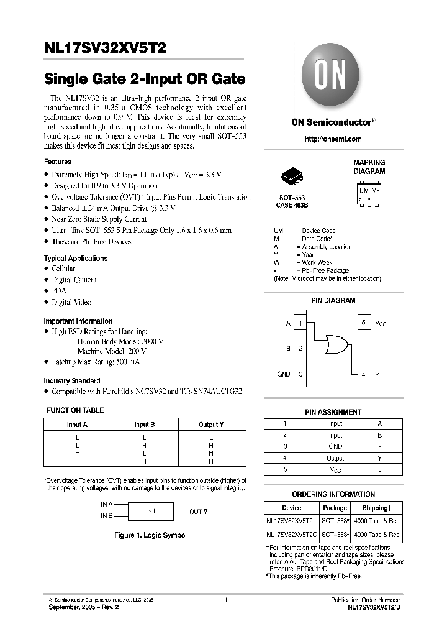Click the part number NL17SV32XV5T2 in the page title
pos(105,47)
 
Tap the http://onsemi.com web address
pos(333,139)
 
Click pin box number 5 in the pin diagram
pos(364,323)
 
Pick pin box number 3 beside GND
pos(300,374)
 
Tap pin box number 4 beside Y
pos(364,374)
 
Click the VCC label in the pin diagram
pos(381,323)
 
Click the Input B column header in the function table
pos(144,425)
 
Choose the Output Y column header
pos(211,425)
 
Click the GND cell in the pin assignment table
pos(335,446)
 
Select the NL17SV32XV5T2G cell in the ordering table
pos(291,535)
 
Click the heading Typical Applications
pos(75,259)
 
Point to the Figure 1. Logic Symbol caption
pos(151,535)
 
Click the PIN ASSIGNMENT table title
pos(333,411)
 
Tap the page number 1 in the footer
pos(227,600)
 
